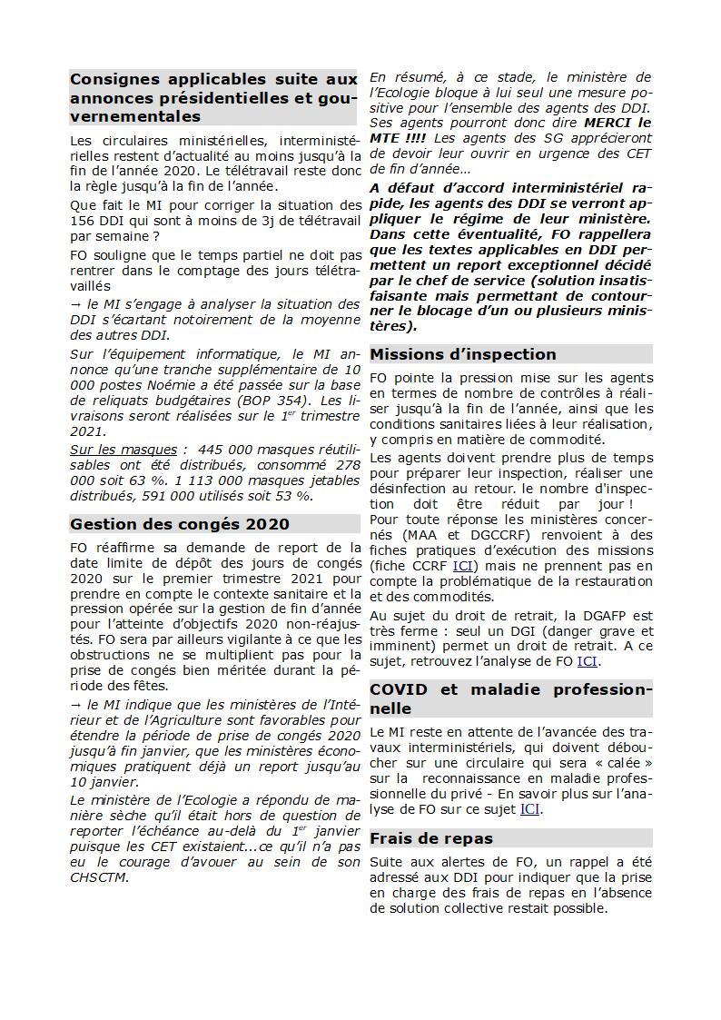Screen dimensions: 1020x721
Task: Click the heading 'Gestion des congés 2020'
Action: click(x=180, y=524)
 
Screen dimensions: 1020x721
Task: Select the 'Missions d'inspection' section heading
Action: click(x=463, y=354)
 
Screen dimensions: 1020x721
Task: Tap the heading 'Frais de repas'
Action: click(x=431, y=838)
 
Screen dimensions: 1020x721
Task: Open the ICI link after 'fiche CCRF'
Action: click(x=463, y=566)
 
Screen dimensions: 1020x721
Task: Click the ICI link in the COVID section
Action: click(x=529, y=808)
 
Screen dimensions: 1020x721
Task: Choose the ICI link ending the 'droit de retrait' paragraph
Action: click(x=588, y=661)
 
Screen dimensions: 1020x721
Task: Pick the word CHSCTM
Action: click(x=98, y=876)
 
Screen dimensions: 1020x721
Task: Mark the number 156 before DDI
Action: click(x=83, y=221)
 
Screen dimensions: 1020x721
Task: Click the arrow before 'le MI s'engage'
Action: click(x=76, y=303)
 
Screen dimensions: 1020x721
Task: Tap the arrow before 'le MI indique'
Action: click(x=76, y=704)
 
